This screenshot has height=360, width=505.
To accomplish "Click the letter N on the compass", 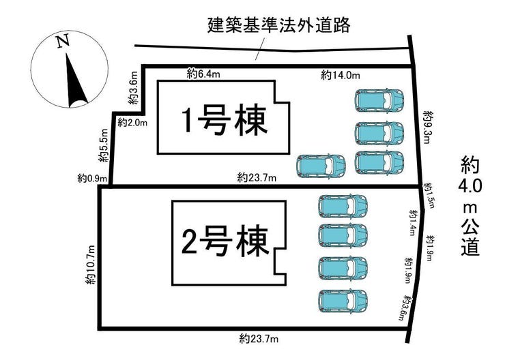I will click(x=63, y=42).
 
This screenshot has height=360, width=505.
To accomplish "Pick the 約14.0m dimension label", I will click(x=341, y=75).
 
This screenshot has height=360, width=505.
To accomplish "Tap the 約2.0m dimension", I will click(x=132, y=122).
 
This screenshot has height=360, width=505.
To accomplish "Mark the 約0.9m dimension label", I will click(x=91, y=178).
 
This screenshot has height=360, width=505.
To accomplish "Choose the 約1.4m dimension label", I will click(x=412, y=222).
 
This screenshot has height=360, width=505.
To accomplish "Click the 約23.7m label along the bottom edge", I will click(x=258, y=337).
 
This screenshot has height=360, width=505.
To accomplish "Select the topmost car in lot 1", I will click(x=380, y=100).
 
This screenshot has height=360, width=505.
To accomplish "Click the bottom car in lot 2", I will click(x=343, y=299).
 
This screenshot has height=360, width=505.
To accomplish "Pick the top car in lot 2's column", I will click(x=343, y=205).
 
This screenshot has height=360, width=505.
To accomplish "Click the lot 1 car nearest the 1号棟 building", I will click(x=321, y=165).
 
